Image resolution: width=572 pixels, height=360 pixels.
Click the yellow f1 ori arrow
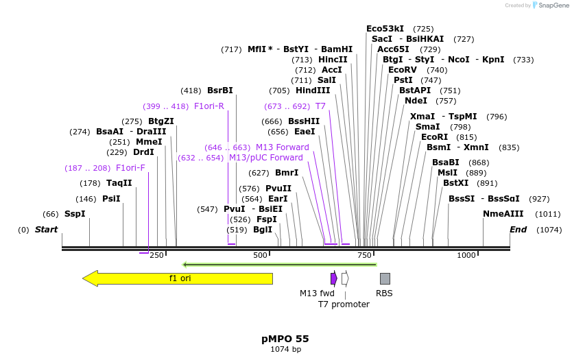pyautogui.click(x=178, y=278)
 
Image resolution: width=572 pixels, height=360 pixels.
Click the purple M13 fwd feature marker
pyautogui.click(x=334, y=278)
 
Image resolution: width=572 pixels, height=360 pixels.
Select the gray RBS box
pyautogui.click(x=385, y=278)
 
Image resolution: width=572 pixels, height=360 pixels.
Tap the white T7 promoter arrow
pyautogui.click(x=345, y=278)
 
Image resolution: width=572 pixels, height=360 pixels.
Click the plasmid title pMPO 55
pyautogui.click(x=285, y=339)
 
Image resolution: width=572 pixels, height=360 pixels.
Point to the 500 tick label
pyautogui.click(x=261, y=255)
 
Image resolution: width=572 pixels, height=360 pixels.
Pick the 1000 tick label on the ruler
pyautogui.click(x=466, y=255)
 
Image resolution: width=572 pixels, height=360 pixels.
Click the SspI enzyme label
pyautogui.click(x=75, y=214)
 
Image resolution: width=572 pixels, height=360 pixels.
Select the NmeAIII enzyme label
pyautogui.click(x=502, y=214)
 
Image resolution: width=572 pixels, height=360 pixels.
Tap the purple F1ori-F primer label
pyautogui.click(x=130, y=168)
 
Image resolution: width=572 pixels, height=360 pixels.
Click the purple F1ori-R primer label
pyautogui.click(x=209, y=106)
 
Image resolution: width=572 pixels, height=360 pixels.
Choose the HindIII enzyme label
pyautogui.click(x=313, y=91)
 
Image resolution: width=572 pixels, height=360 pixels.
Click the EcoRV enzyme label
pyautogui.click(x=403, y=70)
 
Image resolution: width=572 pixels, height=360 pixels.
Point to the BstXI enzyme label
pyautogui.click(x=455, y=183)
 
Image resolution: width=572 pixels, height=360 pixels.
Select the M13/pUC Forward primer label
pyautogui.click(x=266, y=158)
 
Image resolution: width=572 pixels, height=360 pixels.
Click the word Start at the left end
pyautogui.click(x=46, y=230)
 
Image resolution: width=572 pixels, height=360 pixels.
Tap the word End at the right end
pyautogui.click(x=518, y=230)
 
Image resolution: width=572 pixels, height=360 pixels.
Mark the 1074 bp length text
pyautogui.click(x=285, y=350)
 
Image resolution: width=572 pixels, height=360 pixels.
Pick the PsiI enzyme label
pyautogui.click(x=111, y=199)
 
